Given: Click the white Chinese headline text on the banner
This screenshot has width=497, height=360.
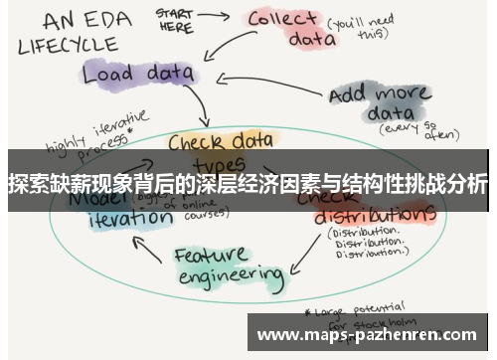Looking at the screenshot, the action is (248, 183).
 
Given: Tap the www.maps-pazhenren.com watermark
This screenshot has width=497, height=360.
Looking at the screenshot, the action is (368, 335).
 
